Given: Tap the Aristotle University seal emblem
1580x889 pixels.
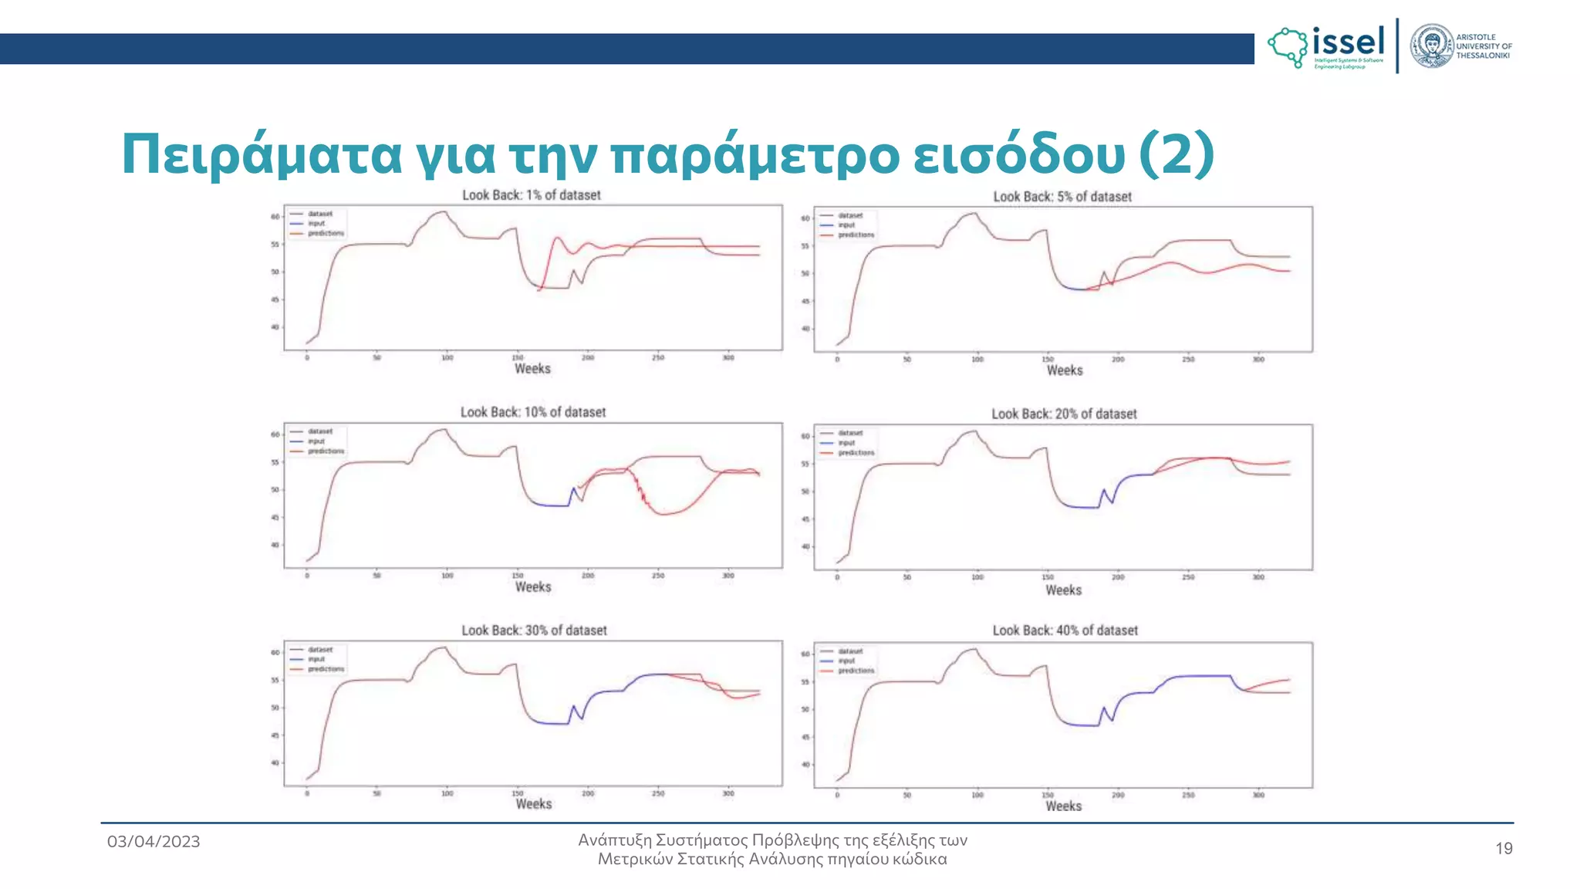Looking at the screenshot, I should [1432, 46].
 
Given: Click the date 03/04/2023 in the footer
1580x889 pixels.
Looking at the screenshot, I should [154, 842].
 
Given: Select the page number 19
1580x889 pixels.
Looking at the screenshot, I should [1504, 849].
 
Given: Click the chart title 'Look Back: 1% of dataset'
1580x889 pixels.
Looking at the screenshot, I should [531, 195].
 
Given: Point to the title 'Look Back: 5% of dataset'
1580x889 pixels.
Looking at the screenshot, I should [1062, 197].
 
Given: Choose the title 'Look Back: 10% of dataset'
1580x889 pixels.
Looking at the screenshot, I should [533, 412].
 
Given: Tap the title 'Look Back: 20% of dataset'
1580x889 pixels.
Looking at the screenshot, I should [1064, 414].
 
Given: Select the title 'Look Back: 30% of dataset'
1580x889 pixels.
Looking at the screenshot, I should [534, 630].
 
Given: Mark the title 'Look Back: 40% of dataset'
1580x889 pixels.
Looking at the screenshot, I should [1065, 630].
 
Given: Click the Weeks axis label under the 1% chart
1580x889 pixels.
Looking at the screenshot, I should [532, 369].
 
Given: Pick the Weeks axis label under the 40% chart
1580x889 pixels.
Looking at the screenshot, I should [1063, 806].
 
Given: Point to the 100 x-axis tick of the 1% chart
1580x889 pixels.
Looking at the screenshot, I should [447, 358].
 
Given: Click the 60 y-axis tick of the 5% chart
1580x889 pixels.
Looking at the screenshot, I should [805, 218].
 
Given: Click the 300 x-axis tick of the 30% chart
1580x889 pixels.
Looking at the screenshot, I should [728, 793].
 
